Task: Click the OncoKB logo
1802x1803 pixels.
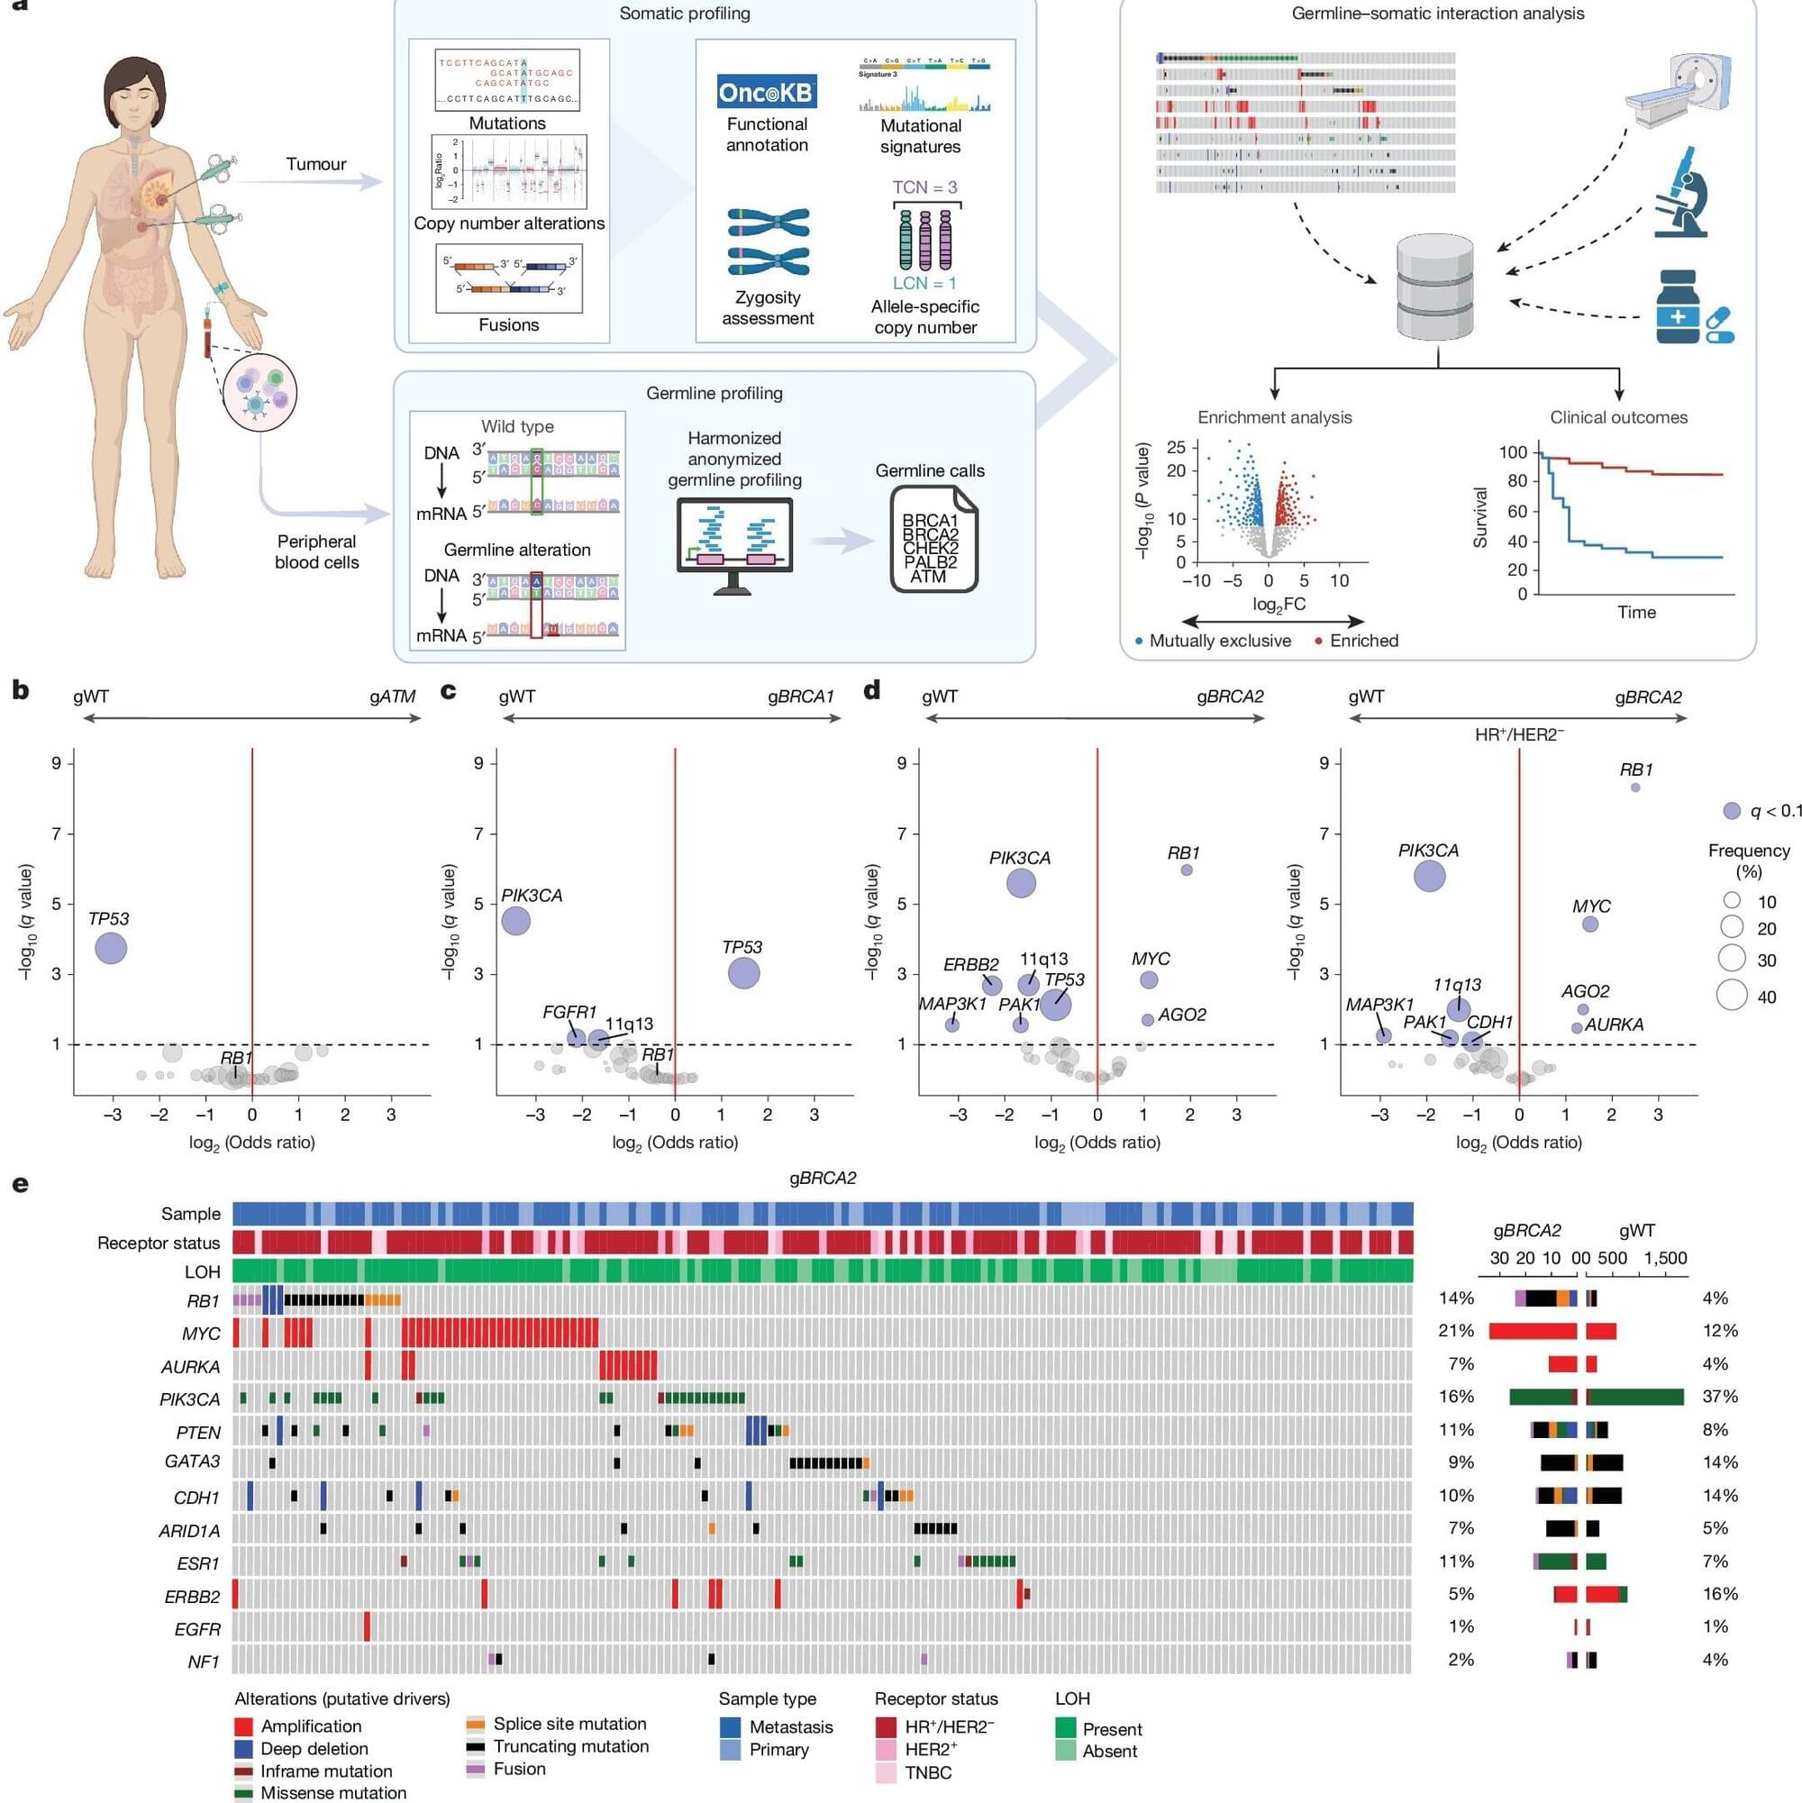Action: pyautogui.click(x=766, y=92)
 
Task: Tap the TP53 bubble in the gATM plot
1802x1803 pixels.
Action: pyautogui.click(x=111, y=948)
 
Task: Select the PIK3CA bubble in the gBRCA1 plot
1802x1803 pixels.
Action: pyautogui.click(x=516, y=921)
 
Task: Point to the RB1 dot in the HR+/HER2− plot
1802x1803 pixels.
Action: pyautogui.click(x=1635, y=788)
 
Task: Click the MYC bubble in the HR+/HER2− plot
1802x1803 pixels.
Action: pyautogui.click(x=1590, y=924)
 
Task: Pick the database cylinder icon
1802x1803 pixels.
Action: pyautogui.click(x=1435, y=287)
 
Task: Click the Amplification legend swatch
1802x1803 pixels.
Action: pyautogui.click(x=243, y=1726)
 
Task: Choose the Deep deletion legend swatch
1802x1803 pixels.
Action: pyautogui.click(x=243, y=1749)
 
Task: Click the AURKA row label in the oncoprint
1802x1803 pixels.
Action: pyautogui.click(x=190, y=1367)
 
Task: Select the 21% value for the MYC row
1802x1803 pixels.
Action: pyautogui.click(x=1456, y=1331)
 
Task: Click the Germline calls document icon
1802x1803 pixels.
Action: pyautogui.click(x=933, y=540)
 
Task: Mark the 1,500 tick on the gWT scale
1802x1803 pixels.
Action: pyautogui.click(x=1666, y=1258)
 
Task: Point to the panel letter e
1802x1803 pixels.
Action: pyautogui.click(x=20, y=1184)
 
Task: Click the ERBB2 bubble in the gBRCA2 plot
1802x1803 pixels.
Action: pyautogui.click(x=992, y=986)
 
